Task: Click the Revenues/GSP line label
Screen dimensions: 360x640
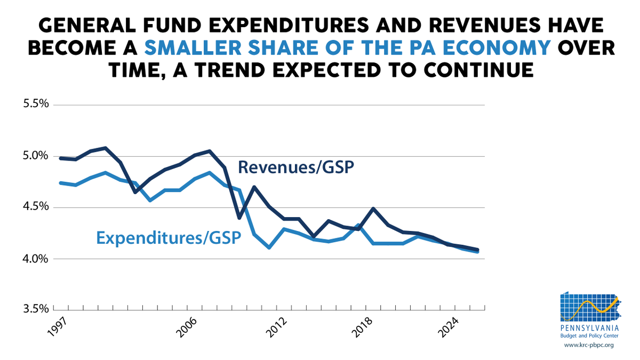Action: pyautogui.click(x=297, y=167)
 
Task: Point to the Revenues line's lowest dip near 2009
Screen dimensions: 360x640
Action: pyautogui.click(x=239, y=218)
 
